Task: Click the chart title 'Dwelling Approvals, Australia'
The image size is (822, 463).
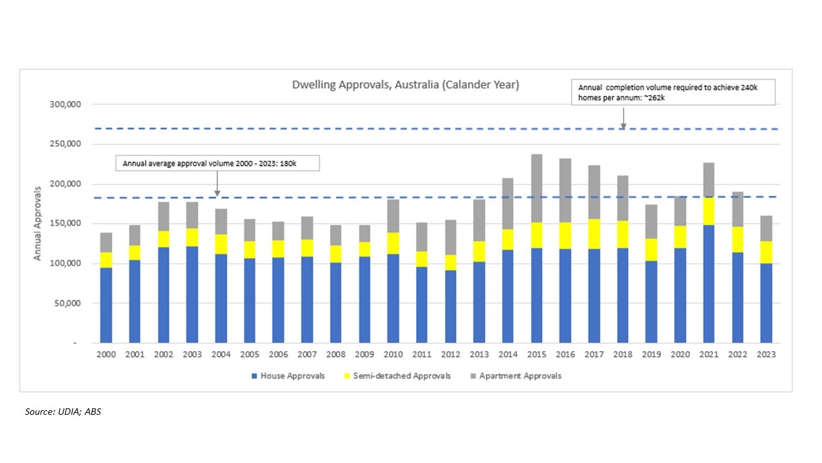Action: pos(405,84)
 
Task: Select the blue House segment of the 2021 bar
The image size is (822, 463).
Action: pos(708,283)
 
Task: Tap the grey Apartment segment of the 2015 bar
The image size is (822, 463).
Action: pos(536,188)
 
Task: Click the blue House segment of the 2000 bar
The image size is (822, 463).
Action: pos(106,305)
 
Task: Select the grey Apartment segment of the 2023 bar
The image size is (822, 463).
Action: pos(765,228)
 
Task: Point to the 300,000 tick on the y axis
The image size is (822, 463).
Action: pos(66,104)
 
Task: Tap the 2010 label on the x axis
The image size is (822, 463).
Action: pos(392,354)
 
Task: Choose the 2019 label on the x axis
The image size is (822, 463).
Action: pos(651,354)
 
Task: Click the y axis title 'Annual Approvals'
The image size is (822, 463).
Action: pos(37,223)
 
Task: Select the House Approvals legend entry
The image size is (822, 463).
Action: pos(288,376)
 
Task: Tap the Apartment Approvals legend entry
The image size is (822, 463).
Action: pos(521,376)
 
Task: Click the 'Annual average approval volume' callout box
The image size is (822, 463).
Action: pos(217,163)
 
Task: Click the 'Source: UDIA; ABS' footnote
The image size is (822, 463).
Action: pos(63,412)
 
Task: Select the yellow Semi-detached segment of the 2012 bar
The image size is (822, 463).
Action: pos(450,262)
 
